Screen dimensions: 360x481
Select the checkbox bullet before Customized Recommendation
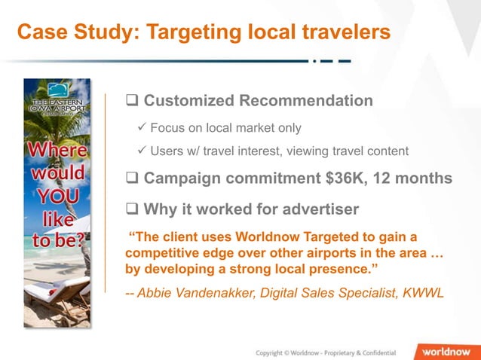point(132,101)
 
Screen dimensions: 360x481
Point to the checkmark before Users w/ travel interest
point(140,151)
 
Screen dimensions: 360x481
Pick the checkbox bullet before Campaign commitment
point(132,178)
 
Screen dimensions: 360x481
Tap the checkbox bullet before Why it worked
point(132,209)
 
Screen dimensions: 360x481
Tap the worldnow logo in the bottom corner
point(447,352)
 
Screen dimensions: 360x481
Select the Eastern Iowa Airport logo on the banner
point(57,101)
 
